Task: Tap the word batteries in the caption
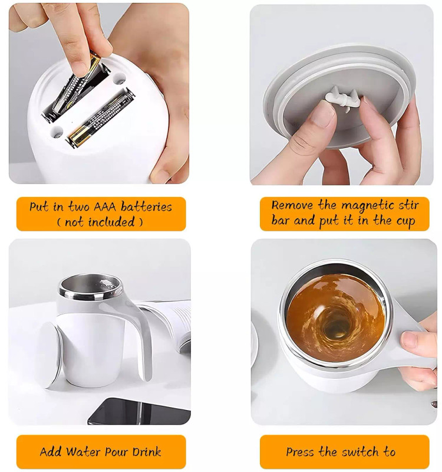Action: point(146,206)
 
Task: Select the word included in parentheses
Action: point(111,222)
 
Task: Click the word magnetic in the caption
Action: point(368,206)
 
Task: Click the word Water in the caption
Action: point(83,452)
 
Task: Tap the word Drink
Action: point(147,452)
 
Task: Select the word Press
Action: point(301,452)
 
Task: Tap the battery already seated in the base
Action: point(101,117)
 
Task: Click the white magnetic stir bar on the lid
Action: point(342,99)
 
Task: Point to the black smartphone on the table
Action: point(139,412)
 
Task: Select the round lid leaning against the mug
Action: point(51,355)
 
